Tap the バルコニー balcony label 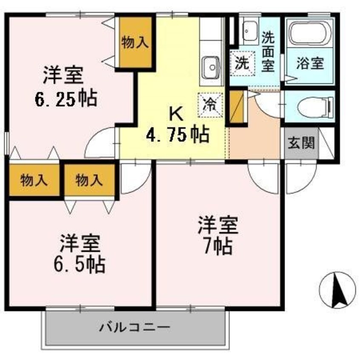[x=135, y=328]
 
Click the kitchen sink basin [x=210, y=67]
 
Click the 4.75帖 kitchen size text [x=177, y=135]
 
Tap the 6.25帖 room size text [x=66, y=99]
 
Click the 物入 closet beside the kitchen [x=135, y=42]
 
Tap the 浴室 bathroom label [x=310, y=63]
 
